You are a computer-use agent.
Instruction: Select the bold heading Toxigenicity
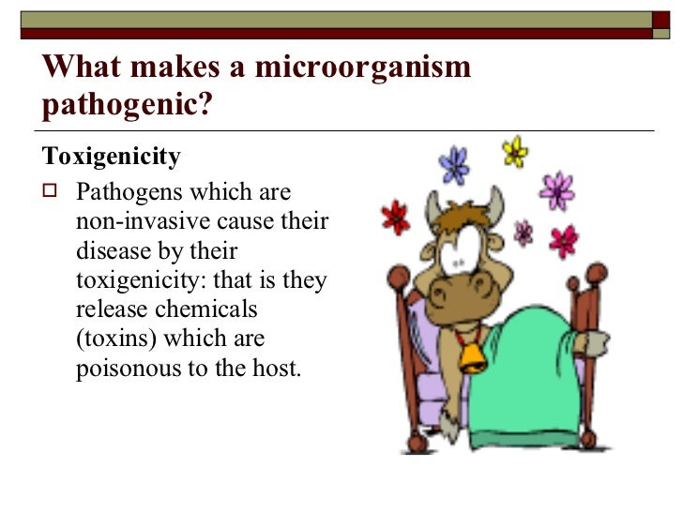coord(112,156)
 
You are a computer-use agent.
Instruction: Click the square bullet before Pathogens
coord(51,192)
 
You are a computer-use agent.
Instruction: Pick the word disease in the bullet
coord(109,251)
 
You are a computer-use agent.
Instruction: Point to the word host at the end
coord(277,368)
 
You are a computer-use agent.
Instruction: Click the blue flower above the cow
coord(454,165)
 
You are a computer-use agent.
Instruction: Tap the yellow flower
coord(515,150)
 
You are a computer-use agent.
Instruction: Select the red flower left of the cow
coord(395,217)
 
